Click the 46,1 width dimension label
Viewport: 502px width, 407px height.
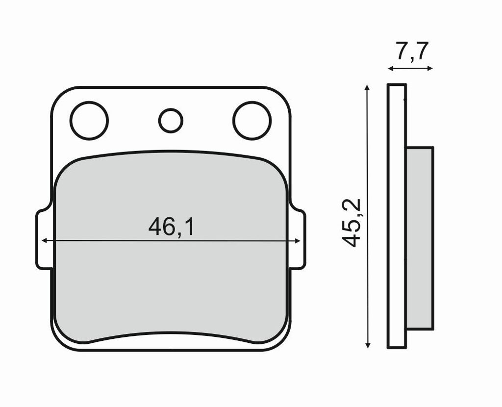[171, 227]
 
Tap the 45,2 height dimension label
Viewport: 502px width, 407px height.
[351, 223]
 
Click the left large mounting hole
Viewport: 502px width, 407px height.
[89, 121]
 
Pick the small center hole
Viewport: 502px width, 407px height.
[171, 121]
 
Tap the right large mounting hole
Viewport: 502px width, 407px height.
[252, 121]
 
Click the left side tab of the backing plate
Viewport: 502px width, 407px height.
[44, 239]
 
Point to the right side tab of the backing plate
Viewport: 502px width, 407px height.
[298, 239]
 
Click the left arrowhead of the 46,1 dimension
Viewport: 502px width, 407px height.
[45, 240]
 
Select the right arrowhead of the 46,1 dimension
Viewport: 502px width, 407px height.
[298, 241]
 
